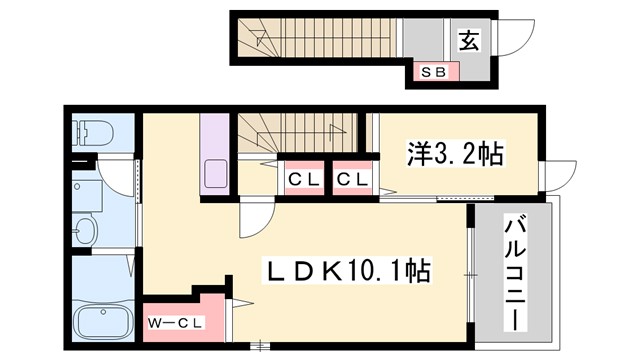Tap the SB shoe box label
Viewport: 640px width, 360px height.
(x=433, y=72)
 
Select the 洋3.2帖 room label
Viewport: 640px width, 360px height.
(x=455, y=155)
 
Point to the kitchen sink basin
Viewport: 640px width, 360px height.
(x=216, y=173)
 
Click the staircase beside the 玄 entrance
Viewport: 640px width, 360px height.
(x=320, y=40)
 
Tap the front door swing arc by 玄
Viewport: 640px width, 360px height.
(x=510, y=42)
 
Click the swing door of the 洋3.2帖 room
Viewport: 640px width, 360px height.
(x=556, y=175)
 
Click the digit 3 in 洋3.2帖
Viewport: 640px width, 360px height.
(x=436, y=155)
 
